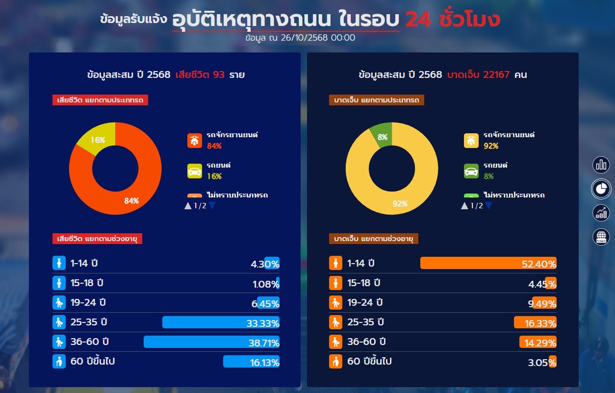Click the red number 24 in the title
[x=417, y=20]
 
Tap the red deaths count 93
[x=219, y=75]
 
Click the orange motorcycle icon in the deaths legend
[x=195, y=141]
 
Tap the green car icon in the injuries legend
[x=471, y=172]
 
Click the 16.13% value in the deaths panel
[x=265, y=363]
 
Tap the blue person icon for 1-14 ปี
[x=59, y=263]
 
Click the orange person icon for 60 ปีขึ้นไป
[x=335, y=362]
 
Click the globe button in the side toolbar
[x=601, y=237]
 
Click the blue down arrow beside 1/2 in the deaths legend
[x=212, y=206]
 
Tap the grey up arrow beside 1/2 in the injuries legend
[x=464, y=206]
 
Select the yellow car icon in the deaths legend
[x=195, y=172]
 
